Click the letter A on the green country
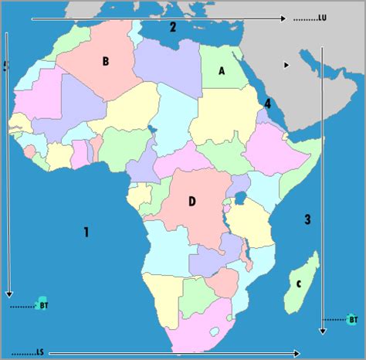[222, 71]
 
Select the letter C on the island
[298, 284]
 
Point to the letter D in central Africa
[191, 202]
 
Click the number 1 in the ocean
[86, 231]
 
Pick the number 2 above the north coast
[173, 28]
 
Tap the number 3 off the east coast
[307, 219]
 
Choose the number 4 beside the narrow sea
[267, 104]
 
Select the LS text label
[39, 352]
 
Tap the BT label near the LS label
[44, 305]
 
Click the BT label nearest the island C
[353, 318]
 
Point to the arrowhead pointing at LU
[285, 17]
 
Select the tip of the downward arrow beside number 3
[323, 331]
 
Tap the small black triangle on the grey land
[286, 65]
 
